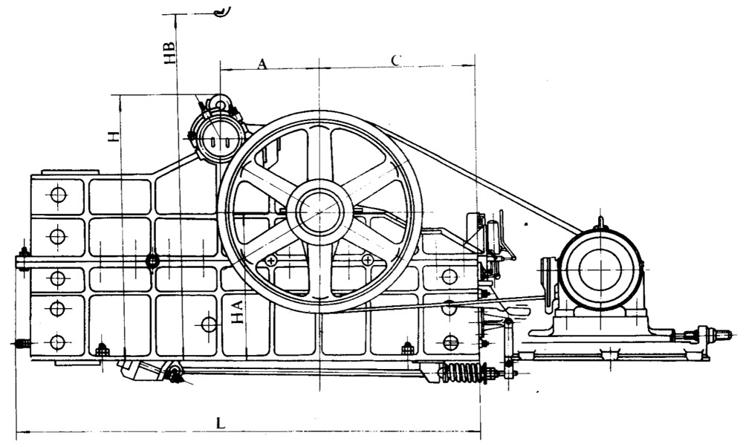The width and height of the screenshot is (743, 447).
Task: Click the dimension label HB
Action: pos(169,53)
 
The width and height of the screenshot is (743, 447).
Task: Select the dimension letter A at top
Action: pos(262,64)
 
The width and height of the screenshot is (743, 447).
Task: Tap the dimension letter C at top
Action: pos(396,60)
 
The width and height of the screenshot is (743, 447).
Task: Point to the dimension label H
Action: pos(113,137)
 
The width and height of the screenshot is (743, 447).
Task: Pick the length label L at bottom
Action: pos(221,422)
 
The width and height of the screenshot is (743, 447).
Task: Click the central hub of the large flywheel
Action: pos(319,212)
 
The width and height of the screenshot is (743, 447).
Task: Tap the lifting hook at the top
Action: pos(221,12)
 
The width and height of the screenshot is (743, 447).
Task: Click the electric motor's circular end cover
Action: pos(600,270)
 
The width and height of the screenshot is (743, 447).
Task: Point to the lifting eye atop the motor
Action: pos(600,223)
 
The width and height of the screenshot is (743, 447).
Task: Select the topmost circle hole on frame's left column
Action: pos(58,195)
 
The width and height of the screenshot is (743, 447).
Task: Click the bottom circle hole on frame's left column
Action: pos(57,342)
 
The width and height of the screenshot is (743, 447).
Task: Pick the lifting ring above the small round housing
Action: pos(220,102)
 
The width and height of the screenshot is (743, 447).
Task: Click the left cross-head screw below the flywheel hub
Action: pos(271,260)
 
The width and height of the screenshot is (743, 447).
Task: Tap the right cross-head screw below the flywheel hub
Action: pos(367,259)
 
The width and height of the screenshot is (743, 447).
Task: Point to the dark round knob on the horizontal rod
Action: pos(152,261)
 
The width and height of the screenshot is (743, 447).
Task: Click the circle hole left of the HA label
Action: pos(209,324)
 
